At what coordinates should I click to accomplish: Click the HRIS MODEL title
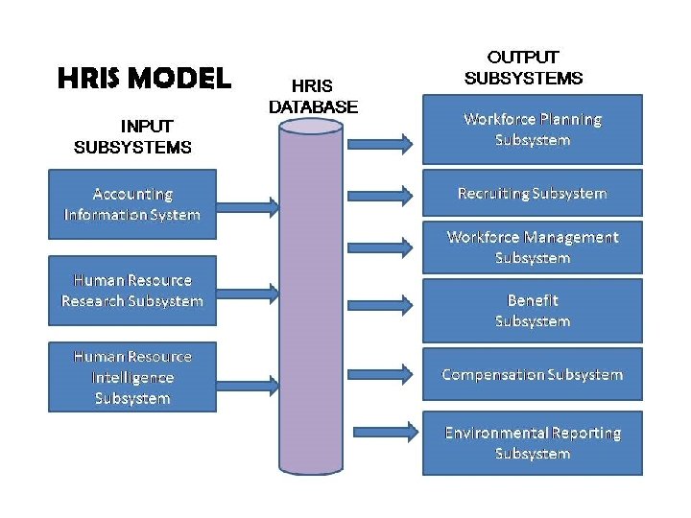(x=144, y=78)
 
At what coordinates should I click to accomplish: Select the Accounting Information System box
(x=132, y=204)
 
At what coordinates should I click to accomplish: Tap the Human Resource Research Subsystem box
(x=132, y=291)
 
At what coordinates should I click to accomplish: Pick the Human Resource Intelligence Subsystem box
(x=132, y=377)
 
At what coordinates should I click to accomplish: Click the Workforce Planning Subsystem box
(x=533, y=129)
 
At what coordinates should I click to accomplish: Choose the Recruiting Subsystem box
(x=533, y=193)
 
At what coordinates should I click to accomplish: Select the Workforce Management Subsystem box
(x=533, y=247)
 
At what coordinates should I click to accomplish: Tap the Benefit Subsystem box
(x=533, y=311)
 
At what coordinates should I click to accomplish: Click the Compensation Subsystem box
(x=533, y=374)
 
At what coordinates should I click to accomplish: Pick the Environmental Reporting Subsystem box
(x=533, y=442)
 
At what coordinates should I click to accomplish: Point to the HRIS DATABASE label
(x=313, y=96)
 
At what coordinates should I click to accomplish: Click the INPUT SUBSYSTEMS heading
(x=132, y=136)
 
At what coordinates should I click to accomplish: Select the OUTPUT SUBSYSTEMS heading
(x=523, y=67)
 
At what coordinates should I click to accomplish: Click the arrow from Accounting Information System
(x=247, y=205)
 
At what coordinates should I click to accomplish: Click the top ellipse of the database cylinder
(x=311, y=127)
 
